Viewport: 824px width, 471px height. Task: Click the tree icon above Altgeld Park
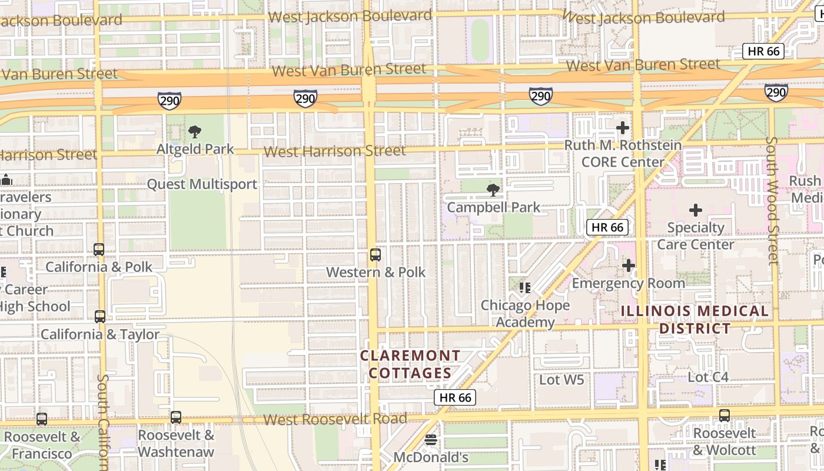click(194, 132)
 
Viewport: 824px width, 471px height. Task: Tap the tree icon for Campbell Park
click(493, 190)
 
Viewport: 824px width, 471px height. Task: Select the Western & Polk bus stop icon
click(375, 255)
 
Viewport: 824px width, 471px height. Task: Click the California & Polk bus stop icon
click(99, 250)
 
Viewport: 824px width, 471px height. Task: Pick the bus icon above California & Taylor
click(100, 317)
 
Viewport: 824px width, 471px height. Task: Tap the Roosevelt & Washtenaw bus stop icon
click(176, 417)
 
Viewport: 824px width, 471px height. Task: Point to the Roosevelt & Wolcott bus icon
click(724, 415)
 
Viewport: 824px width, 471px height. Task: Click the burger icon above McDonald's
click(431, 440)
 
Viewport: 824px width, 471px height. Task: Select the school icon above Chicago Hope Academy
click(525, 288)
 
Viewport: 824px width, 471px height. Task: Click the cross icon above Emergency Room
click(629, 266)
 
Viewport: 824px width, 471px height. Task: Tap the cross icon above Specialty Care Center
click(696, 210)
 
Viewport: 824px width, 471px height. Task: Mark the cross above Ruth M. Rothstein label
click(622, 128)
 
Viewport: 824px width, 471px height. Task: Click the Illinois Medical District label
click(695, 319)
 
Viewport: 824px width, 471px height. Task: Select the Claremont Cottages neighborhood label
click(410, 364)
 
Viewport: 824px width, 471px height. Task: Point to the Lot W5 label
click(561, 380)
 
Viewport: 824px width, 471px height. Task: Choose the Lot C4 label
click(708, 376)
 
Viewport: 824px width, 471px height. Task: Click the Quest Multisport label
click(202, 184)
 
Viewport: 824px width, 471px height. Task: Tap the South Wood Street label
click(772, 201)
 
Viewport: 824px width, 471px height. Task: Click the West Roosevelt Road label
click(334, 419)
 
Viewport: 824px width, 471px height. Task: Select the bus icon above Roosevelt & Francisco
click(42, 419)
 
